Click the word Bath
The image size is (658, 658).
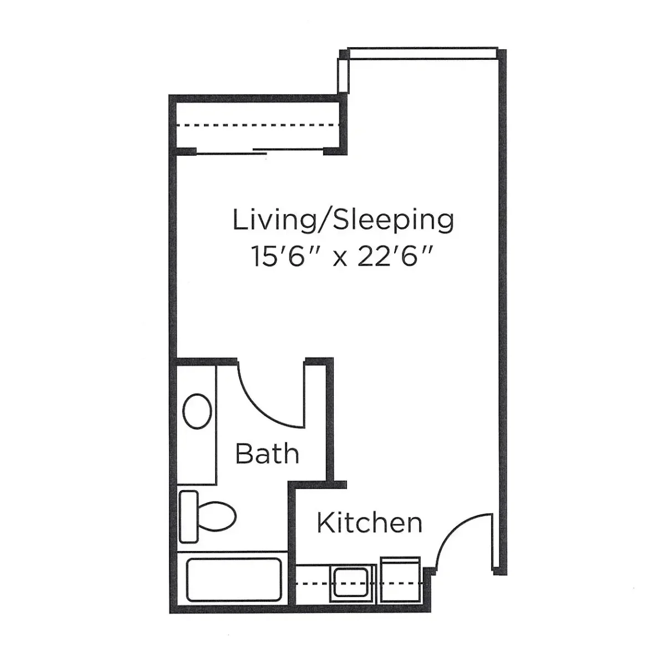point(267,453)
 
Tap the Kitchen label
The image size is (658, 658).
point(369,522)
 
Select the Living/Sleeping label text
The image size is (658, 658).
point(343,220)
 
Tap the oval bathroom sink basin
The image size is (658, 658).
point(197,411)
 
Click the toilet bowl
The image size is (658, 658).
point(217,516)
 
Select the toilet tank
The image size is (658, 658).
point(188,517)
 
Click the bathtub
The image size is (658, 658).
point(234,579)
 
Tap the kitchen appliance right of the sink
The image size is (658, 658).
point(400,580)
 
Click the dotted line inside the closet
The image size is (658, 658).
point(258,125)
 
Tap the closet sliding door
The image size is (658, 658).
point(260,151)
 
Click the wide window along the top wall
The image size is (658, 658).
point(422,53)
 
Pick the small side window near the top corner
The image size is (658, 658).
point(343,75)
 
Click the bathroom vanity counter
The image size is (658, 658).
point(196,425)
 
